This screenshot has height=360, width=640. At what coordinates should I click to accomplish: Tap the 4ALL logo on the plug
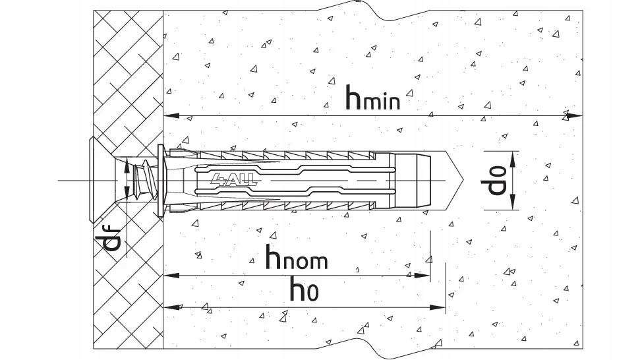(x=235, y=179)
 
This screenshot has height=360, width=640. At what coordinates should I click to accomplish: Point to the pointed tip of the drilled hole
(x=463, y=180)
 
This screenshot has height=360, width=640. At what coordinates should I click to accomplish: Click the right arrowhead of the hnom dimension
(x=423, y=276)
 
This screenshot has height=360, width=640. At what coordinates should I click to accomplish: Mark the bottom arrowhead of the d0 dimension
(x=513, y=202)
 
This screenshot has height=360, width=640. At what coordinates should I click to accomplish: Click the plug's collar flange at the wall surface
(x=160, y=180)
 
